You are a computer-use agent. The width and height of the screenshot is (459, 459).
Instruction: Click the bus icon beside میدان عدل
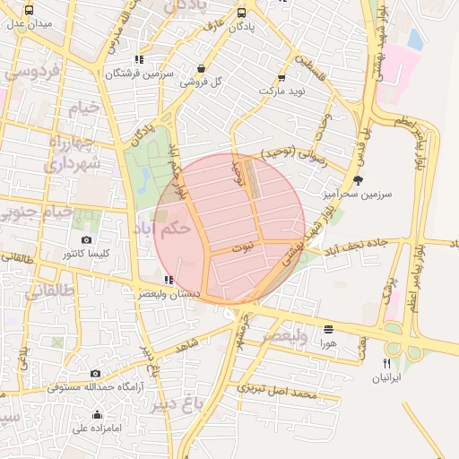pos(30,11)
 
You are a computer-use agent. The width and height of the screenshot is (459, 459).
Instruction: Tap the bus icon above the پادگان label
pos(242,13)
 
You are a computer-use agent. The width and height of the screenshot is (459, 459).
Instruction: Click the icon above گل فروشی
pos(199,67)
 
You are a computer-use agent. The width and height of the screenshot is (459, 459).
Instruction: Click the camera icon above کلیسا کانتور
pos(86,239)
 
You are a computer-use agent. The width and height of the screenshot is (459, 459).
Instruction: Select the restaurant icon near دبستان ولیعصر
pos(169,280)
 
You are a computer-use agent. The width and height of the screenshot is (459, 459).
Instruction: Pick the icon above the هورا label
pos(328,329)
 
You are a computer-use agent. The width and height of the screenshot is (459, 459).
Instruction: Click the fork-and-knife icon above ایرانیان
pos(387,363)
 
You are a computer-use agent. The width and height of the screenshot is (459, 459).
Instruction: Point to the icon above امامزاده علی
pos(97,414)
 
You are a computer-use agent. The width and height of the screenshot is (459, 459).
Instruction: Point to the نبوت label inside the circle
pos(243,245)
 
